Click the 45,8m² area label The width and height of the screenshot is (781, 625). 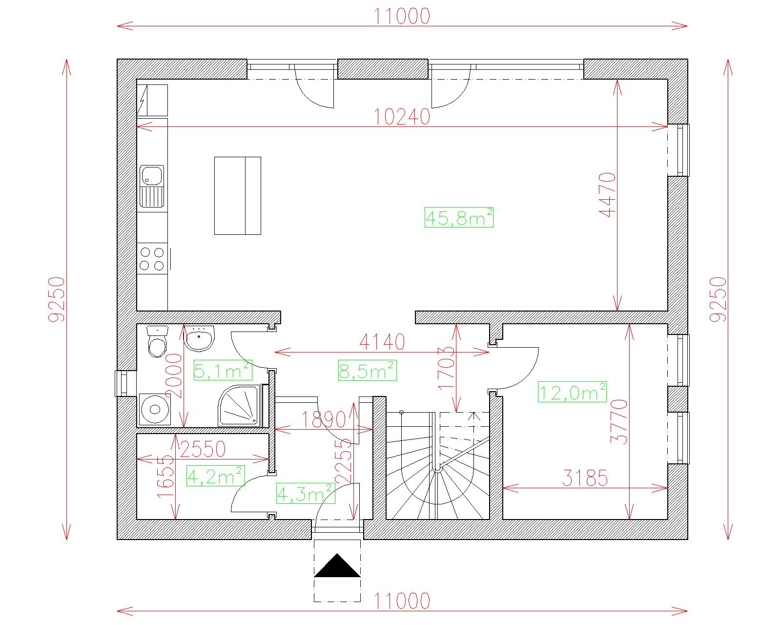click(459, 217)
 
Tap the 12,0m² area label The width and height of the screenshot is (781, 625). click(572, 392)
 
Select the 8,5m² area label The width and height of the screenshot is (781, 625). click(367, 371)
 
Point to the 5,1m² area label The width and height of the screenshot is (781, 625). click(223, 370)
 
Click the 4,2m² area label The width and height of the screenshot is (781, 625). click(216, 476)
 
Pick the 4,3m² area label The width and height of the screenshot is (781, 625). click(306, 493)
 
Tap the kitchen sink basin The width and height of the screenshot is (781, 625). click(152, 175)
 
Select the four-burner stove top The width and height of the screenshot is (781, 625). click(152, 259)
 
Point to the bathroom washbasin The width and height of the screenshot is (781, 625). click(199, 338)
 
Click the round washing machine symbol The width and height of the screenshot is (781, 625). click(155, 409)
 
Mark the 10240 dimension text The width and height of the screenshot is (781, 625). click(402, 117)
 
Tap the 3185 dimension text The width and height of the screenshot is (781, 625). click(585, 478)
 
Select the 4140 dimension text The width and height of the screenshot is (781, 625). click(382, 342)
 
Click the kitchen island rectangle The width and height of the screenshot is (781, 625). click(238, 196)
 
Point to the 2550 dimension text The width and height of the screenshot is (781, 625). click(203, 449)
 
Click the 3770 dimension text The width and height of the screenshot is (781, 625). click(619, 421)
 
